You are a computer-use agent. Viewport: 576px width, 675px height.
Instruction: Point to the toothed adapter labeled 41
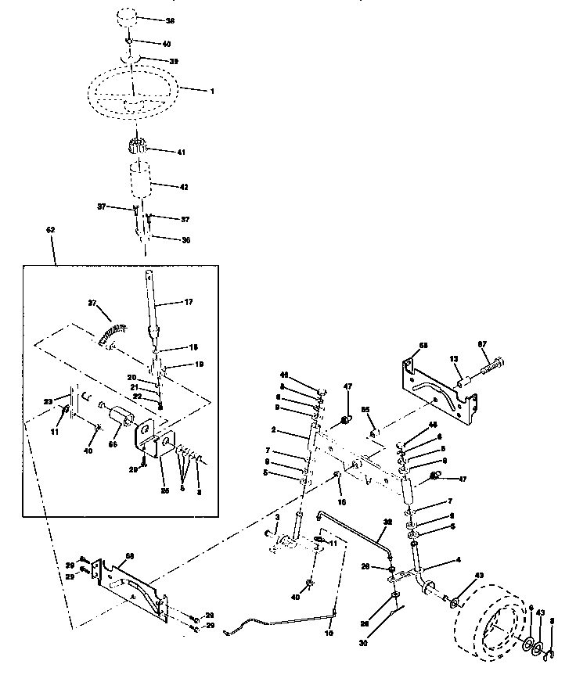click(136, 146)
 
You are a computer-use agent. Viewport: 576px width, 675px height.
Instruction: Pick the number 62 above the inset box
click(51, 230)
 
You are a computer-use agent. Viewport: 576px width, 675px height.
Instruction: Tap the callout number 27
click(92, 303)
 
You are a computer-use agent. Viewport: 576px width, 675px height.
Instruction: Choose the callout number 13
click(454, 357)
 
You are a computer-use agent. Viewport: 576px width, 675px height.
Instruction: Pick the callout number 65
click(365, 408)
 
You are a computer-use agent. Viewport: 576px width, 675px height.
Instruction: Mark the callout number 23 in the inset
click(49, 401)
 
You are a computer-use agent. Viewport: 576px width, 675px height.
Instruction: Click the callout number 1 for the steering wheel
click(212, 90)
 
